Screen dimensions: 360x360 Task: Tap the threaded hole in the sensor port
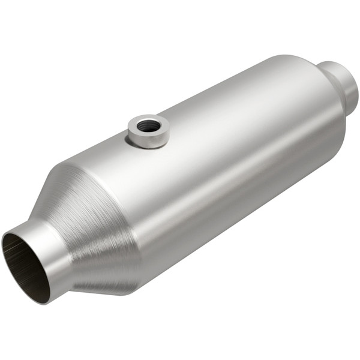(x=148, y=125)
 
